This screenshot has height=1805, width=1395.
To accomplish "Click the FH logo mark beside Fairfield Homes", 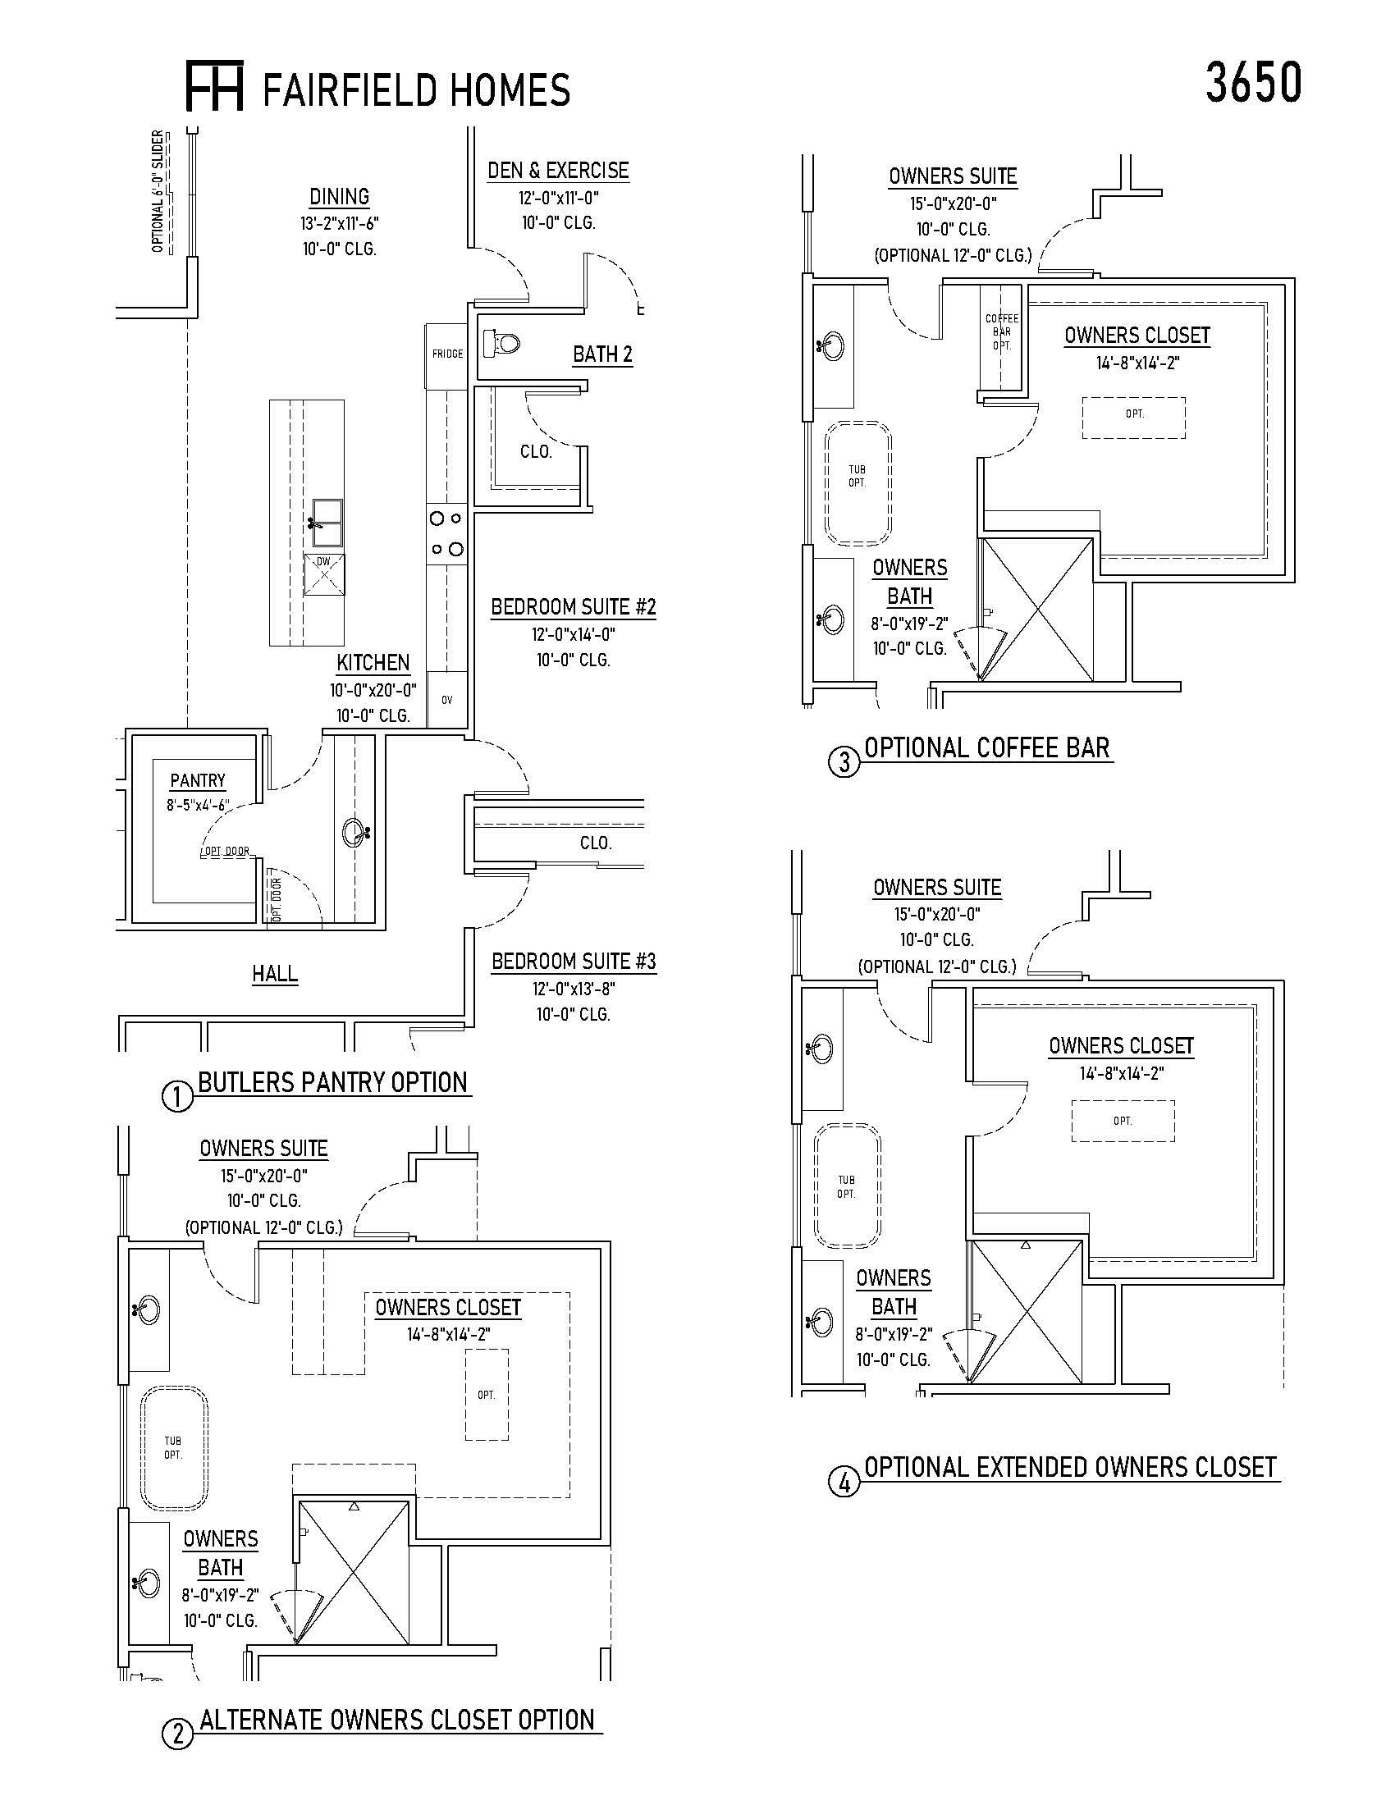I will point(214,86).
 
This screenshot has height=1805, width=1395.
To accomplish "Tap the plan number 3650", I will point(1253,83).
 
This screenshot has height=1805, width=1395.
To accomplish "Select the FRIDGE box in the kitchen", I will point(447,354).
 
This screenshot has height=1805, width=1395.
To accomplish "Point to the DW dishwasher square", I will point(323,573).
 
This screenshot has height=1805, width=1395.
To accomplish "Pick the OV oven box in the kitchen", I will point(447,700).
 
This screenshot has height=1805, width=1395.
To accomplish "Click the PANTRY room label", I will point(198,780).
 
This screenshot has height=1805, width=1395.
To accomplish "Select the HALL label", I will point(274,974).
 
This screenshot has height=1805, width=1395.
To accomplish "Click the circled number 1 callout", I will point(178,1098).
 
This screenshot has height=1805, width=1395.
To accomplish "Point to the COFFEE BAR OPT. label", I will point(1002,332).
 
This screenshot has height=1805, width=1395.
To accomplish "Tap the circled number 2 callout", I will point(177,1734).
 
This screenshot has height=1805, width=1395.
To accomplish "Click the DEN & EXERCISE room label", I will point(558,171).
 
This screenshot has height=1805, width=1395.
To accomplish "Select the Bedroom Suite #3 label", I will point(574,962).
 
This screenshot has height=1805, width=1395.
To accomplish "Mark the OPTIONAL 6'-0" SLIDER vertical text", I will point(158,191).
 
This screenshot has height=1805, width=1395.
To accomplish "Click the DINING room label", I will point(339,197).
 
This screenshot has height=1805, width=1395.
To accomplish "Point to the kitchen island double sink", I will point(327,522).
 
